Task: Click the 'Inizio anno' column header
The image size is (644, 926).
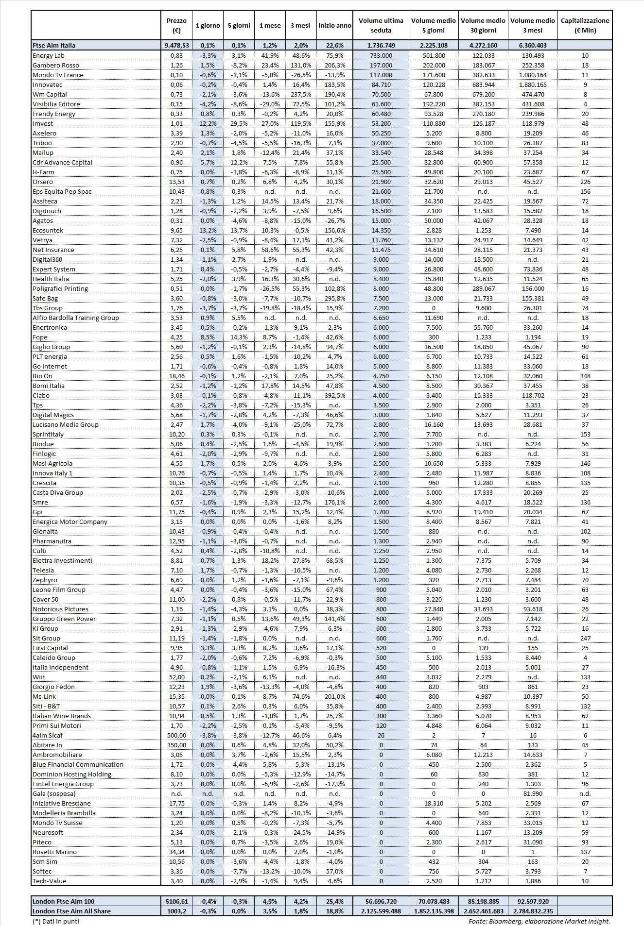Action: pos(334,25)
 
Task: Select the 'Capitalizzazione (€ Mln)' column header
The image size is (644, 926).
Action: pos(585,25)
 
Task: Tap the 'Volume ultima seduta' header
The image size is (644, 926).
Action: pos(381,25)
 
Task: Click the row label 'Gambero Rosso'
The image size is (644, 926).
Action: pos(56,65)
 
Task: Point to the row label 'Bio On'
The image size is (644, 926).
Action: pos(43,376)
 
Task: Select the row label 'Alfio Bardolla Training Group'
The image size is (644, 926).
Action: pos(76,318)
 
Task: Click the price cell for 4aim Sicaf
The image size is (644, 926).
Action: pos(176,735)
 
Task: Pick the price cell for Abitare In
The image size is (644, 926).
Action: pos(176,745)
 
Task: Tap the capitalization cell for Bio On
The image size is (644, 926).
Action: pos(585,376)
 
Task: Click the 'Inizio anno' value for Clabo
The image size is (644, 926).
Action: pos(334,395)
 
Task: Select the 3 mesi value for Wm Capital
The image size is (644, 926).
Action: pos(301,94)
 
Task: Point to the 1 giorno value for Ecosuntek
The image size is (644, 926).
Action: pos(208,230)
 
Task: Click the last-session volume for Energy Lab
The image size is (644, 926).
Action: pos(381,55)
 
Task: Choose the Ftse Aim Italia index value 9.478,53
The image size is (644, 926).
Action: pos(176,45)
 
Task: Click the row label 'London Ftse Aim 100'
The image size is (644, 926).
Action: pos(64,901)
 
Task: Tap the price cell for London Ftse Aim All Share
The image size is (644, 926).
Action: pos(176,911)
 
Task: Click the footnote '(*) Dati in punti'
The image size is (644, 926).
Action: pos(55,921)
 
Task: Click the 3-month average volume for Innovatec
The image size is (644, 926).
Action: pos(533,84)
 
